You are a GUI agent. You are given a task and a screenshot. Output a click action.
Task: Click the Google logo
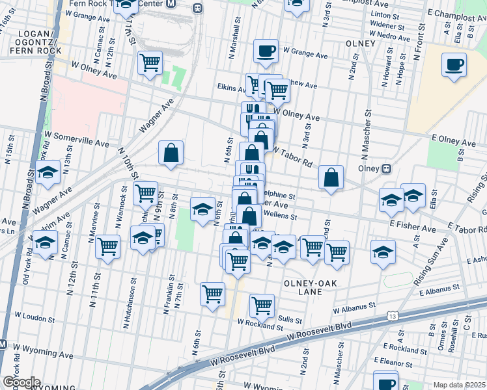(x=21, y=382)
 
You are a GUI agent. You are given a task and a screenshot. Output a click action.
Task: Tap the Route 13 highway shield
(x=392, y=316)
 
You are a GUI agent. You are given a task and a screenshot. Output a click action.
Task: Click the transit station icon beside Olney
(x=386, y=168)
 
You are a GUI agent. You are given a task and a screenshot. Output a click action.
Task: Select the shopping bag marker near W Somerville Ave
(x=171, y=153)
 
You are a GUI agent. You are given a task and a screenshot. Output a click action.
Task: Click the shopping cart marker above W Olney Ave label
(x=150, y=64)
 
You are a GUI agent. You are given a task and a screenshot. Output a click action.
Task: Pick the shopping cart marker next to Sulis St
(x=262, y=305)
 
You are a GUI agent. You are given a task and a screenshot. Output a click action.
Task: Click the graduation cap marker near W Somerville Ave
(x=48, y=174)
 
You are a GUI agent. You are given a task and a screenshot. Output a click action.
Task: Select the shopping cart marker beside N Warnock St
(x=107, y=246)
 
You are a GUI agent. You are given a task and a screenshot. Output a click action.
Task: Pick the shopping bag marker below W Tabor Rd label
(x=331, y=177)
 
